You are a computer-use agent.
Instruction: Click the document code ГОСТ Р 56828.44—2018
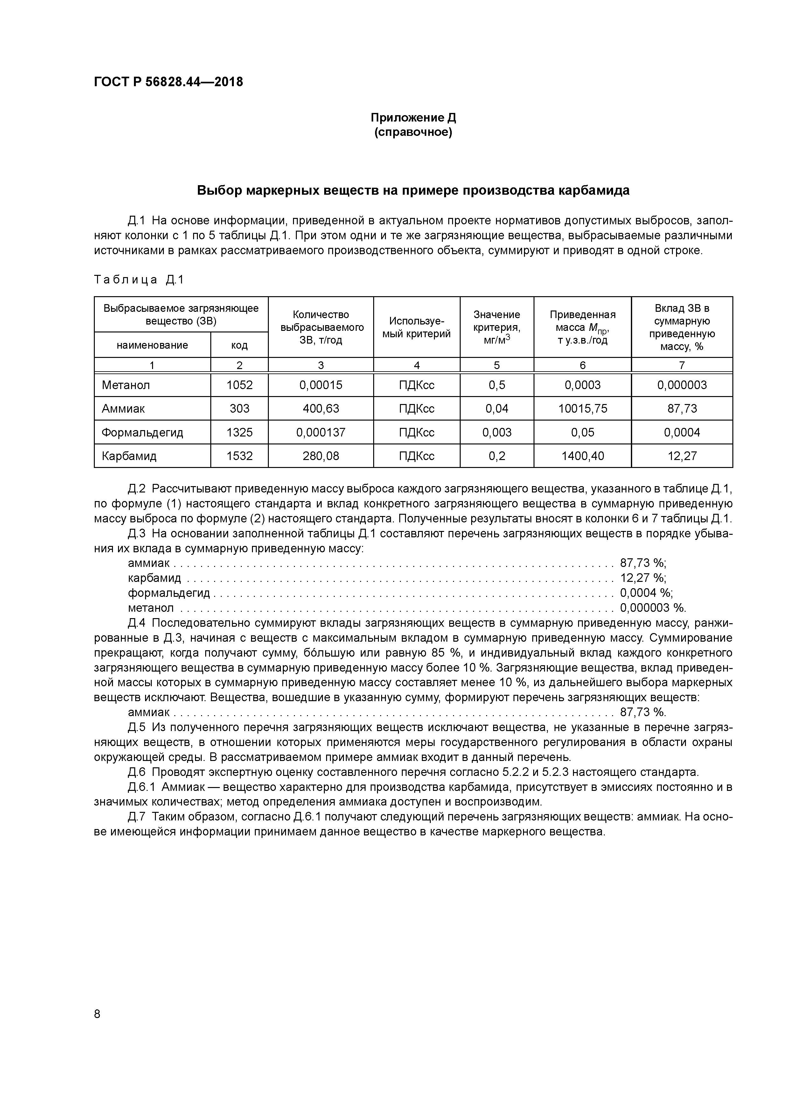pyautogui.click(x=168, y=82)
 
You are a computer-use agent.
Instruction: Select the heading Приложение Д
pyautogui.click(x=413, y=118)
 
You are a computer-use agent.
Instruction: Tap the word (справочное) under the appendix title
pyautogui.click(x=413, y=133)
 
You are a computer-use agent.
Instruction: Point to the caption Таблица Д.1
pyautogui.click(x=139, y=280)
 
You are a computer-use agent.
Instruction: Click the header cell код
pyautogui.click(x=239, y=345)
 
